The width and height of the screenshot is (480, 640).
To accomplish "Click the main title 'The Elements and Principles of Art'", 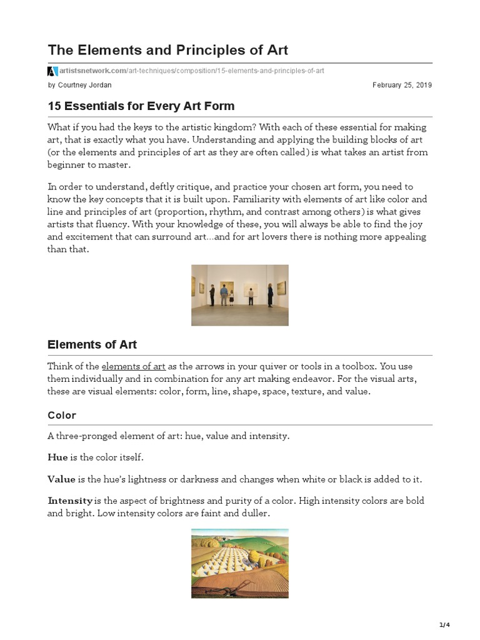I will coord(168,49).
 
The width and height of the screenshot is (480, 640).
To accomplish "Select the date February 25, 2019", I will coord(402,85).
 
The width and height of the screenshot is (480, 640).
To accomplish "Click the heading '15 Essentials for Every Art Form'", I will coord(141,106).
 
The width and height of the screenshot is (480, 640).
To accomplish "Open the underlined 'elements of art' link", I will coord(133,366).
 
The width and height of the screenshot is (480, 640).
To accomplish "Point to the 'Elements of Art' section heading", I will coord(92,344).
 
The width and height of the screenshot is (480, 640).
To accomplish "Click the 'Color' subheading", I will coord(62,416).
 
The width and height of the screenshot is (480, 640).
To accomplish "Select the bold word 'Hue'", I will coord(57,457).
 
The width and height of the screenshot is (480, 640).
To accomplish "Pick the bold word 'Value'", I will coord(61,479).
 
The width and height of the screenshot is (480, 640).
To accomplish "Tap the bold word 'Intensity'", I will coord(70,501).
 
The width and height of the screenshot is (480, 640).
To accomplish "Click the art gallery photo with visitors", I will coord(239,295).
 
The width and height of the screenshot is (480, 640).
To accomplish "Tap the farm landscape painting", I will coord(239,563).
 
